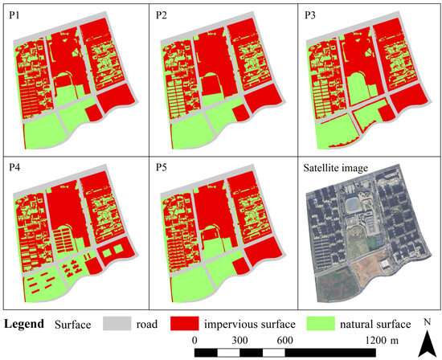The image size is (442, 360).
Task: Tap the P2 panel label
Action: (x=162, y=14)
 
